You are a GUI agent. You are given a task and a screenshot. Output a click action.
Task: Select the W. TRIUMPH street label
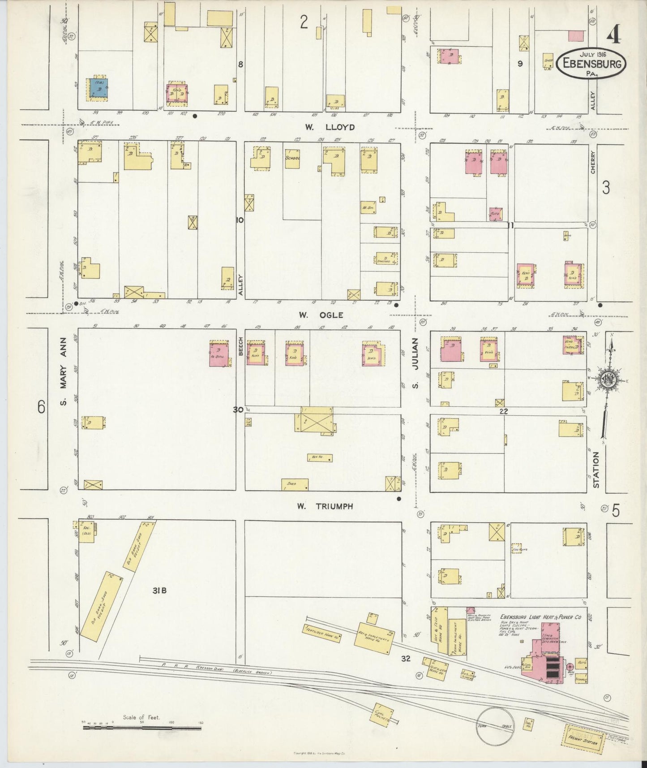pyautogui.click(x=325, y=506)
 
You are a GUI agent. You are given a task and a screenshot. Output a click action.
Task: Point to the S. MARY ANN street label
pyautogui.click(x=64, y=371)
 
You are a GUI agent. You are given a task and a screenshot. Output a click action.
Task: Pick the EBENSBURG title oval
pyautogui.click(x=591, y=64)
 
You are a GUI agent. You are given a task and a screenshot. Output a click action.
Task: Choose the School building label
pyautogui.click(x=292, y=158)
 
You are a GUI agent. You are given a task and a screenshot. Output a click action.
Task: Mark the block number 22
pyautogui.click(x=503, y=411)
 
